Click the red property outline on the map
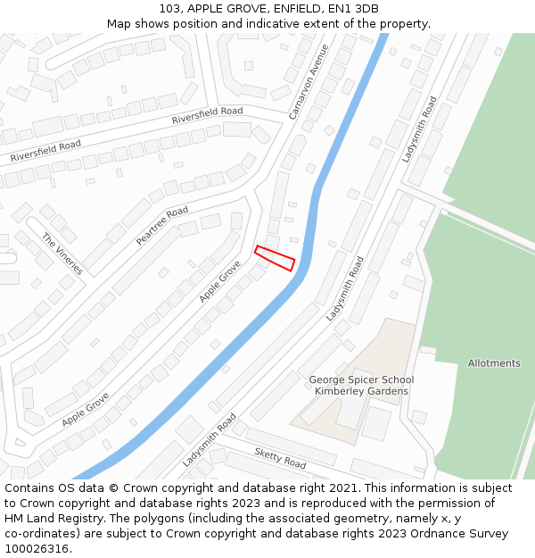click(275, 258)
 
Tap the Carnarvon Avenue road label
click(309, 82)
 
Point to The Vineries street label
click(62, 254)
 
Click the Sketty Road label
click(280, 458)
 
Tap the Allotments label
click(494, 363)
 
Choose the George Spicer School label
click(361, 379)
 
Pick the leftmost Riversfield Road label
click(45, 151)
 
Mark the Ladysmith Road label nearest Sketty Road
click(209, 440)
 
